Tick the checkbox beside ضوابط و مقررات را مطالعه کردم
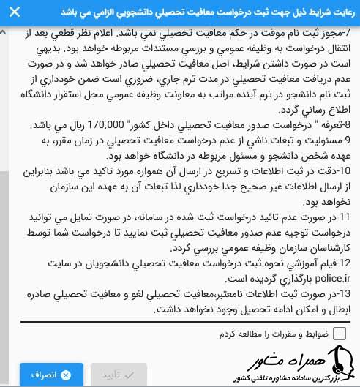[x=340, y=334]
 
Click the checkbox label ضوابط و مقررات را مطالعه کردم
[x=274, y=334]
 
